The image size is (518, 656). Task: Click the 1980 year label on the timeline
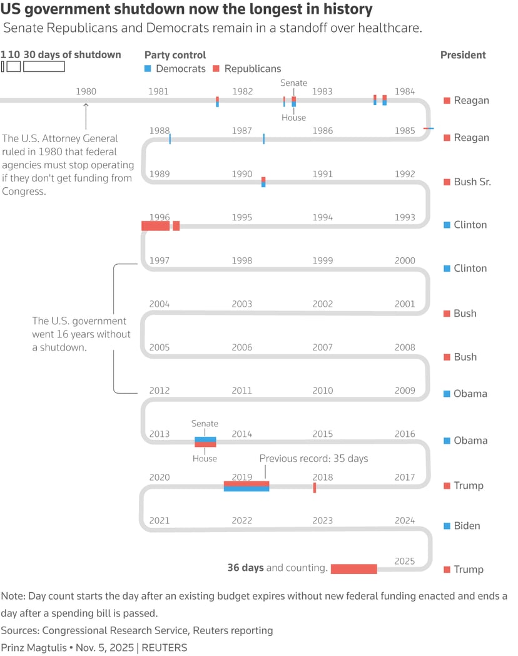coord(86,91)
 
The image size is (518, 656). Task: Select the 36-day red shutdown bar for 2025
coord(353,569)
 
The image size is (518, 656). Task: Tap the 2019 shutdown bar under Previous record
coord(246,486)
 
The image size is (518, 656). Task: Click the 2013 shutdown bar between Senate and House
coord(205,442)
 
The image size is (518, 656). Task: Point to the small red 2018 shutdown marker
coord(315,488)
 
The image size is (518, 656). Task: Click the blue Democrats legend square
coord(148,69)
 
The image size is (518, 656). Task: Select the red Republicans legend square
coord(216,69)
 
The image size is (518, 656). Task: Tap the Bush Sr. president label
coord(472,182)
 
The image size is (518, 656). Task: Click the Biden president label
coord(467,526)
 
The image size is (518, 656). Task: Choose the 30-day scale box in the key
coord(44,66)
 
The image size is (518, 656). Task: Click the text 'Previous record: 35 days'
coord(313,459)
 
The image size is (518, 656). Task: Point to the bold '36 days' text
coord(245,568)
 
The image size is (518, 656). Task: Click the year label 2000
coord(405,260)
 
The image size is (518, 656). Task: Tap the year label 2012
coord(160,391)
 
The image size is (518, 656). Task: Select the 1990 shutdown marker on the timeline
coord(263,182)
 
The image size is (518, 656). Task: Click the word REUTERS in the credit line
coord(165,648)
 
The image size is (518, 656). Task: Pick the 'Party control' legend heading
coord(175,55)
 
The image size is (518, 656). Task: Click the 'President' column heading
coord(463,55)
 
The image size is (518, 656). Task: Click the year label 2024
coord(405,520)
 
